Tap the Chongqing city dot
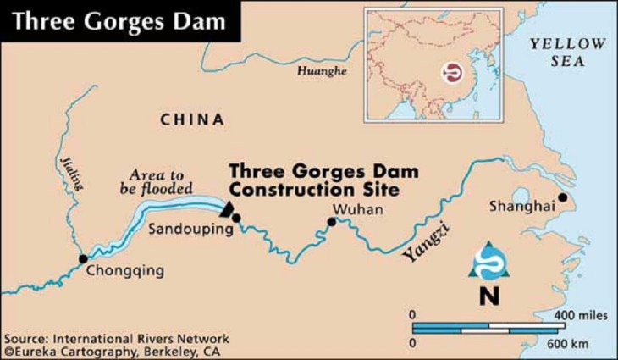(83, 259)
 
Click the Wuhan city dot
(332, 223)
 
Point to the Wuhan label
(353, 209)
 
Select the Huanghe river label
(322, 72)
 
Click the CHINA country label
(192, 119)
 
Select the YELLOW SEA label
(566, 53)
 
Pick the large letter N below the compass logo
(488, 296)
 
